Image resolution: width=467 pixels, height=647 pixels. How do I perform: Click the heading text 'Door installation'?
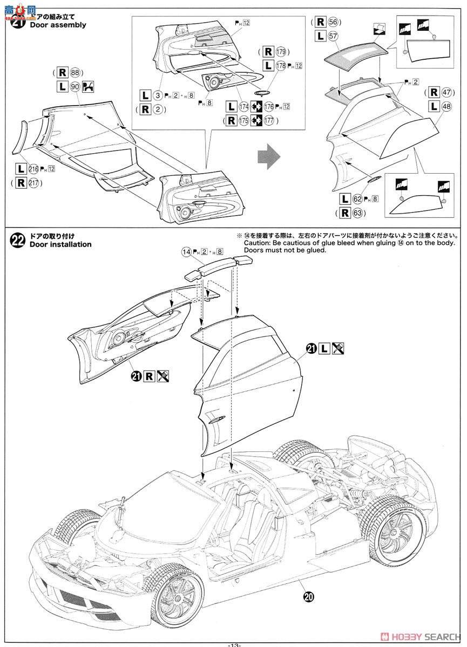point(60,244)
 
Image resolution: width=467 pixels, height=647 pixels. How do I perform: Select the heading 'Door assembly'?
point(58,25)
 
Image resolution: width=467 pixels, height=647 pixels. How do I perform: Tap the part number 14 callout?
point(186,251)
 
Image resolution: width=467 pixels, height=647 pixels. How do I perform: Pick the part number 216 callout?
point(35,169)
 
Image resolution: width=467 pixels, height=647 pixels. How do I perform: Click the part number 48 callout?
point(445,107)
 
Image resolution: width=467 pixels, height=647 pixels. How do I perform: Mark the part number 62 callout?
point(358,199)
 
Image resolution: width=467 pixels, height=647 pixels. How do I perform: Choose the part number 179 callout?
point(280,52)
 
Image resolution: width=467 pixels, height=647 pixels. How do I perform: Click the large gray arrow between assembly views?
point(268,157)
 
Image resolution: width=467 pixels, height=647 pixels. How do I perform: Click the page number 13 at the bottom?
point(233,643)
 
